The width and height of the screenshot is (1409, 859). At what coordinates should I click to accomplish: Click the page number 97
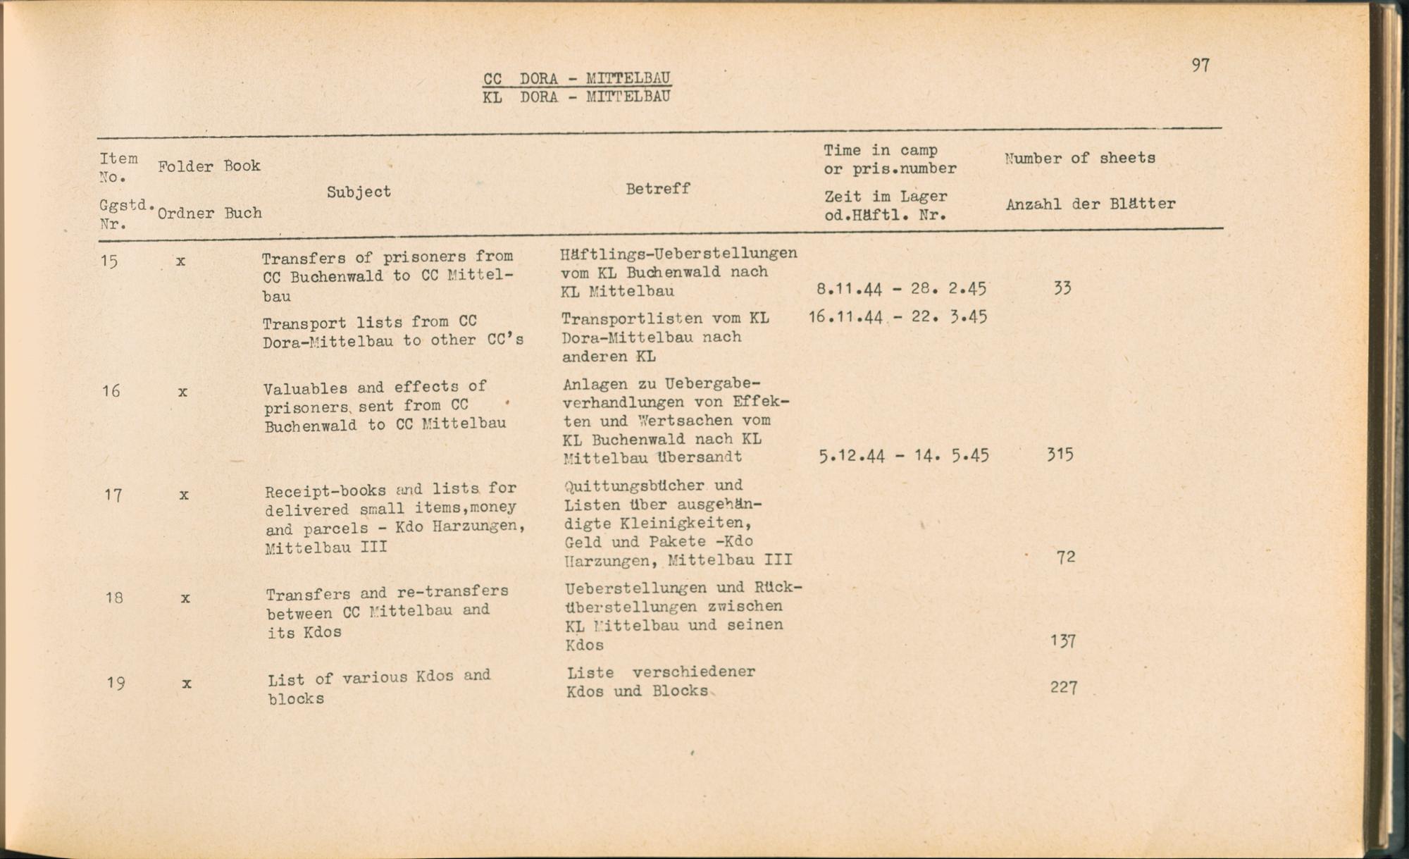point(1200,66)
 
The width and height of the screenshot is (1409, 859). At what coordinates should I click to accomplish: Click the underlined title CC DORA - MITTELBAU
point(576,78)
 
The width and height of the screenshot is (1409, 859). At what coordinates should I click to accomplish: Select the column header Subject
point(359,192)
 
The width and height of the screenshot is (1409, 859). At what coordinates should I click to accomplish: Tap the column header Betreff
point(657,189)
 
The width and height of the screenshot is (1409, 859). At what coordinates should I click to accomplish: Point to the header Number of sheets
point(1079,159)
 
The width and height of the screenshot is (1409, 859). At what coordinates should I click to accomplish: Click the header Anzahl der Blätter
point(1090,204)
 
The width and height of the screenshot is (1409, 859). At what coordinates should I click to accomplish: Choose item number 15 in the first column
point(109,261)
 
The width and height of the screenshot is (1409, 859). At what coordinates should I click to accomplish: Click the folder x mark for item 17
point(184,495)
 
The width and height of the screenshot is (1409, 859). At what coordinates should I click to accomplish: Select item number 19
point(116,683)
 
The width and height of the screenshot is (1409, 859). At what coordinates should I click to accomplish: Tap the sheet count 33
point(1062,288)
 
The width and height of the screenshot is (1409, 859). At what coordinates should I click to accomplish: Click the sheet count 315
point(1060,455)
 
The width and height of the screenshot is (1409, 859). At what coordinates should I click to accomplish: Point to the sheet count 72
point(1065,557)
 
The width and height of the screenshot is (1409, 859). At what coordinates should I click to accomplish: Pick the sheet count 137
point(1062,641)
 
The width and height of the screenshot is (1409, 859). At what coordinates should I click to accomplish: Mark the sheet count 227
point(1063,687)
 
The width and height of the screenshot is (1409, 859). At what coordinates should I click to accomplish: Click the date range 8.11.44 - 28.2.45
point(901,289)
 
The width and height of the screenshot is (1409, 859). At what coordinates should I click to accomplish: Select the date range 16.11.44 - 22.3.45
point(897,317)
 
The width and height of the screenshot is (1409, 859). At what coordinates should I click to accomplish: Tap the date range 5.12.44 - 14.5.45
point(903,456)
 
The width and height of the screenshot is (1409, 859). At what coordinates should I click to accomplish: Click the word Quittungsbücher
point(634,486)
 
